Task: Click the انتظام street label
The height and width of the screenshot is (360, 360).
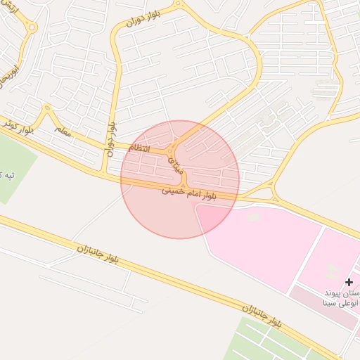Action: tap(139, 148)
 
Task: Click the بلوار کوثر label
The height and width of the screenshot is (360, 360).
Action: tap(15, 127)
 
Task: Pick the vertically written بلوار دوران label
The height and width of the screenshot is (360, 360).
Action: tap(110, 136)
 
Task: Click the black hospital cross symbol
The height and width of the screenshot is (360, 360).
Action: tap(349, 281)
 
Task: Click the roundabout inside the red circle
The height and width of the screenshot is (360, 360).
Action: tap(172, 150)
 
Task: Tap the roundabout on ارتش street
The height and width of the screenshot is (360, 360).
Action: tap(31, 27)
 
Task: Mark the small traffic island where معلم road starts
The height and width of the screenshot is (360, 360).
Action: tap(47, 109)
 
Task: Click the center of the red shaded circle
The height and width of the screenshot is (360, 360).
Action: tap(180, 179)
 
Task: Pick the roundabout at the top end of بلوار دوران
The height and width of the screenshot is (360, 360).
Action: tap(178, 4)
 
